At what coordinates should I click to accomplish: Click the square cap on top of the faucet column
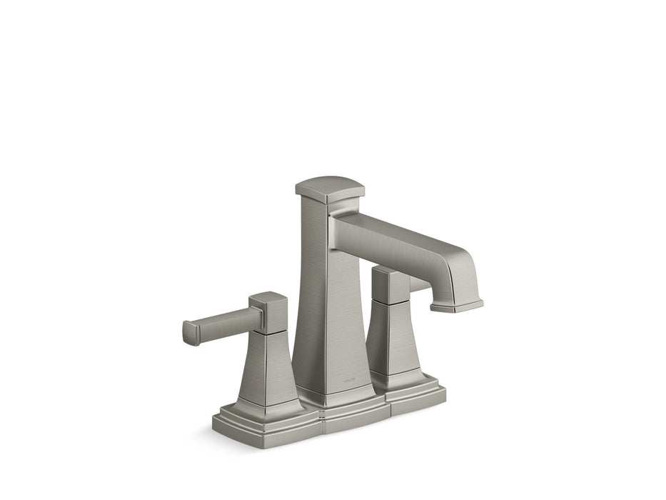coord(330,189)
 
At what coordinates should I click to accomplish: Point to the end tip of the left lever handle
coord(191,333)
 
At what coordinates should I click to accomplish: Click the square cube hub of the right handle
coord(390,285)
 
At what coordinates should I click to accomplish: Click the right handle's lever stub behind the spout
coord(418,284)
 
